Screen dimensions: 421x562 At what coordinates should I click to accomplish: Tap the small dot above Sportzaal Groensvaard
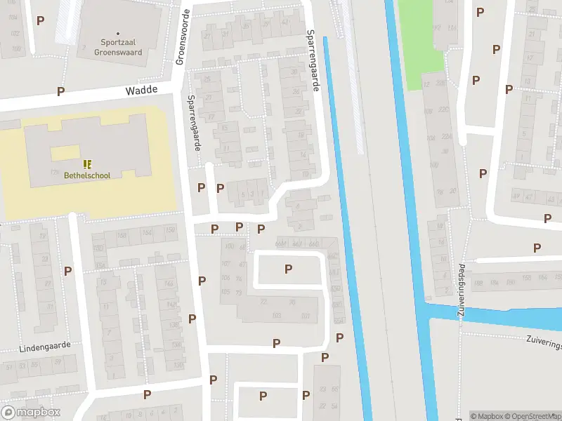coord(118,33)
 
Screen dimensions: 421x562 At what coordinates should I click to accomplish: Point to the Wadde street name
coord(140,91)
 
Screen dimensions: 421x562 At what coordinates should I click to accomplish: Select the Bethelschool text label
coord(87,175)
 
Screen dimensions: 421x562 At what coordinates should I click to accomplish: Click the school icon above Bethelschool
coord(87,163)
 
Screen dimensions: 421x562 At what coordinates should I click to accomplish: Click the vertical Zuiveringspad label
coord(462,290)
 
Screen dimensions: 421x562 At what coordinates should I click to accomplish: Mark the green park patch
coord(421,35)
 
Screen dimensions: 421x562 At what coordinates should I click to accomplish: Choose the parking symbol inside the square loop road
coord(288,269)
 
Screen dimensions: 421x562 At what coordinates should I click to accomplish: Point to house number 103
coord(276,315)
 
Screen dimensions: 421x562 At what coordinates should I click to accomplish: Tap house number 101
coord(305,316)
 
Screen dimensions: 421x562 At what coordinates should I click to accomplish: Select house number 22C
coord(443,109)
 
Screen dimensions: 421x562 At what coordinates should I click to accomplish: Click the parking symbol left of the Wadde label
coord(61,91)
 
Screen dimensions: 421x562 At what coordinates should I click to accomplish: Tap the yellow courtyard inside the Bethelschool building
coord(65,153)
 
